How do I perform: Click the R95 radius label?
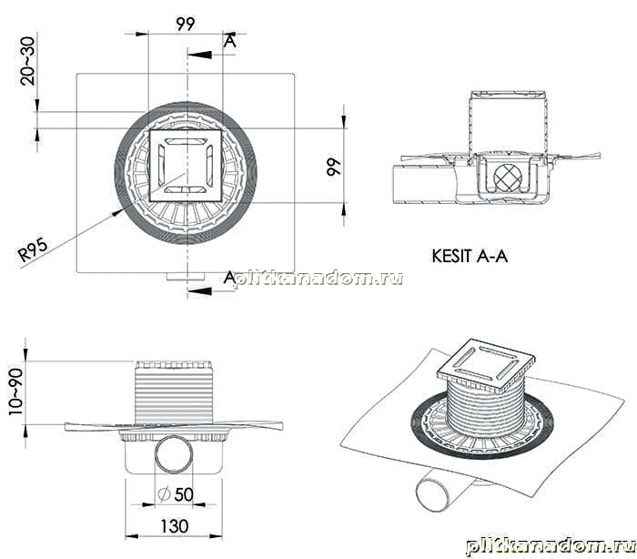tap(34, 249)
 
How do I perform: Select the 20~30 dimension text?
tap(27, 61)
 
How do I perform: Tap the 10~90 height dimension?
tap(16, 391)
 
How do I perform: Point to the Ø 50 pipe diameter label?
tap(176, 494)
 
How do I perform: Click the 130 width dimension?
tap(175, 526)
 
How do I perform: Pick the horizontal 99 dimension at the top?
tap(186, 24)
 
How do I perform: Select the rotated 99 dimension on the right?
tap(334, 167)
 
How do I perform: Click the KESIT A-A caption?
tap(470, 256)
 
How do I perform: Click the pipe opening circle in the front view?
tap(174, 454)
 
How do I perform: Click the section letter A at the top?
tap(230, 42)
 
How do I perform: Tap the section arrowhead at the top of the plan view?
tap(200, 55)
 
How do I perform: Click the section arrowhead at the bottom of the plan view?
tap(200, 291)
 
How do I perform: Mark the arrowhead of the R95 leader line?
tap(118, 213)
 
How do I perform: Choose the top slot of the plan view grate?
tap(186, 141)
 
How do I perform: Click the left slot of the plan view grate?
tap(161, 166)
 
